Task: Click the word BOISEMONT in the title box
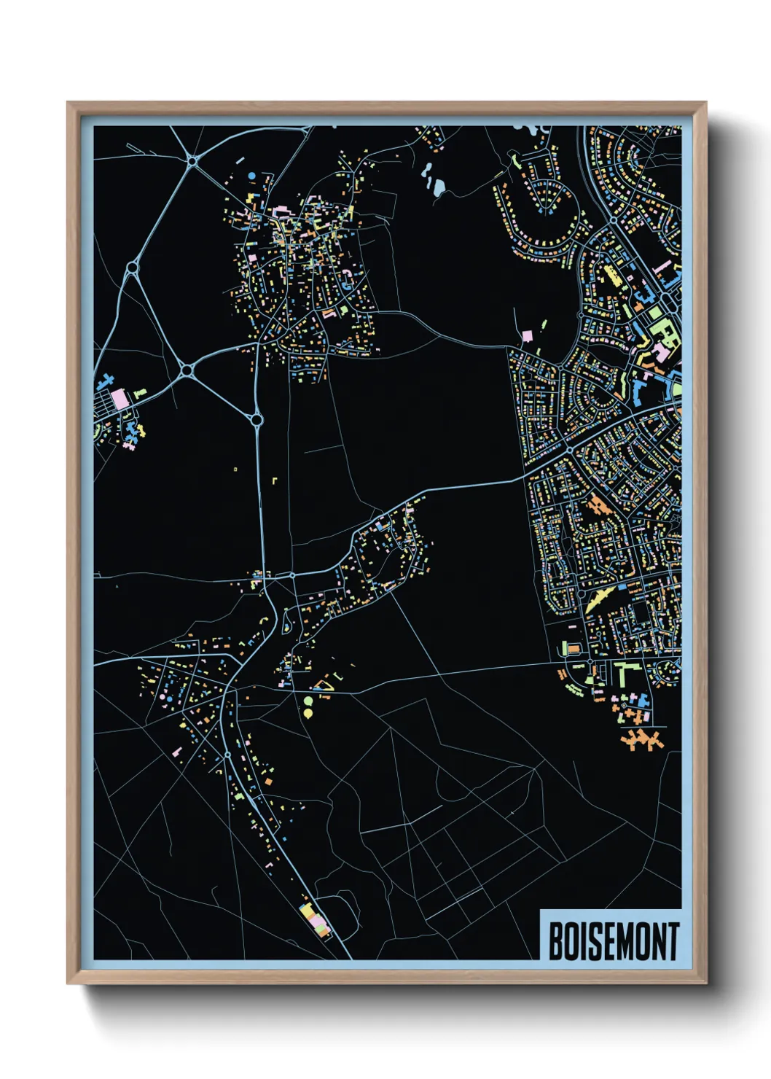click(x=612, y=941)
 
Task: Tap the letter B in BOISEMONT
click(x=555, y=941)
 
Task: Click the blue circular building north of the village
click(x=252, y=176)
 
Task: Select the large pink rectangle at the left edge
click(x=119, y=399)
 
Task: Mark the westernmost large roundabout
click(x=132, y=268)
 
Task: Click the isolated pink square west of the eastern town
click(x=527, y=337)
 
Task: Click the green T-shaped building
click(x=624, y=672)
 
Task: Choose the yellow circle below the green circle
click(x=308, y=712)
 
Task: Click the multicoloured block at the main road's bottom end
click(x=314, y=917)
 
